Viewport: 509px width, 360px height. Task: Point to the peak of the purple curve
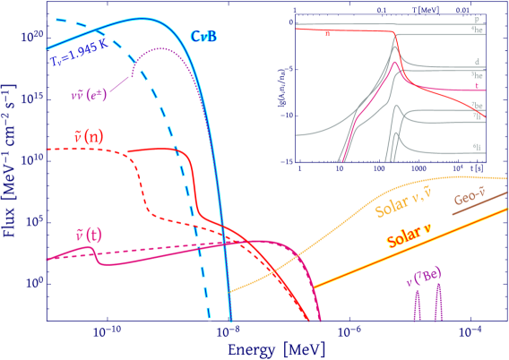coord(161,48)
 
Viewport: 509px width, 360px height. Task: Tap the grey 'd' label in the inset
coord(475,62)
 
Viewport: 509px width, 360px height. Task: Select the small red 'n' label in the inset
coord(328,34)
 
